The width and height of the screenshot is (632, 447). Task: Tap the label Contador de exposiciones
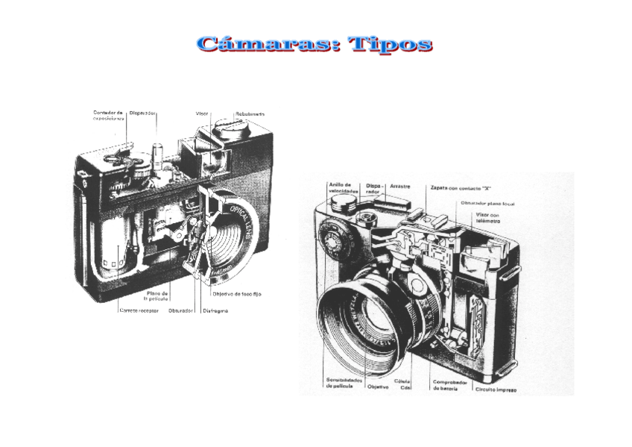point(108,116)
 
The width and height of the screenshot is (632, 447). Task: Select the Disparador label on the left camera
point(142,113)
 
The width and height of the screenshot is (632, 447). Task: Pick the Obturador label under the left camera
point(181,310)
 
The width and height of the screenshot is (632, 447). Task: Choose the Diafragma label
point(215,310)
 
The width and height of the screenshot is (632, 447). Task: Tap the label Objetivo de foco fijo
point(236,294)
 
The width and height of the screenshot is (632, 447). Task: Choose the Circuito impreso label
point(496,389)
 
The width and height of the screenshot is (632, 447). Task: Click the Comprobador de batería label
point(450,385)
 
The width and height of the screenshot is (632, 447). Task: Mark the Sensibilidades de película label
point(344,384)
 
